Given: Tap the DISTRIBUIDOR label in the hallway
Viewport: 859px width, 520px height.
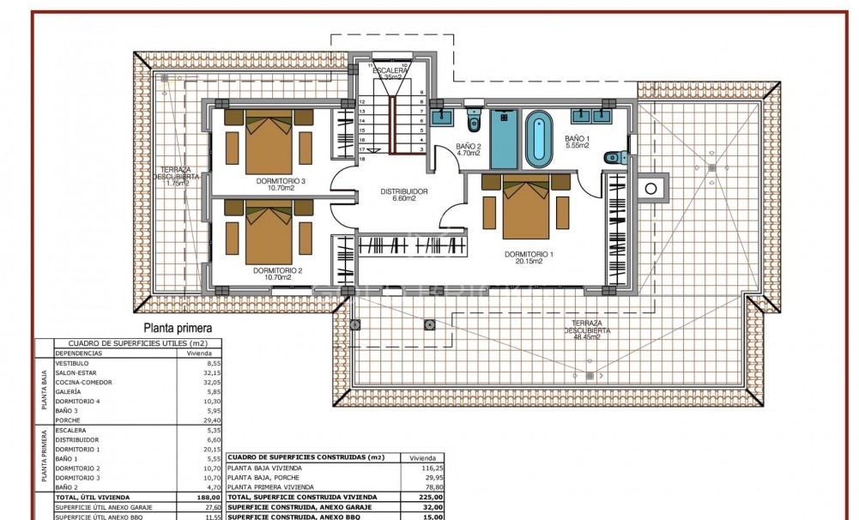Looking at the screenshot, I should click(x=403, y=194).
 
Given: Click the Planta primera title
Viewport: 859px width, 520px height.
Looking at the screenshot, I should click(x=178, y=327).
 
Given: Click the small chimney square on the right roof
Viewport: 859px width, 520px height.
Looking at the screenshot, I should click(x=652, y=187).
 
